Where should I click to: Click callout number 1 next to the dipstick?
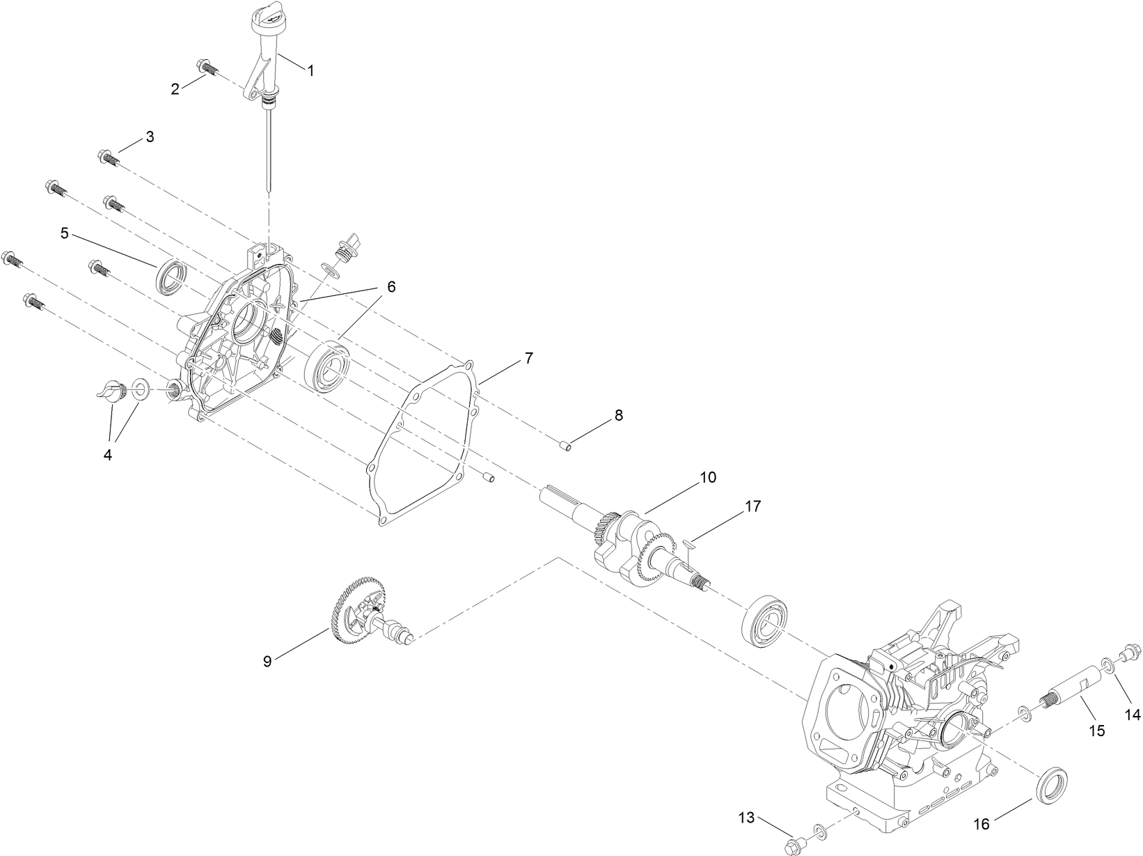coord(310,70)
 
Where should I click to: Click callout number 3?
coord(149,137)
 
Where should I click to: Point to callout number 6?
coord(391,286)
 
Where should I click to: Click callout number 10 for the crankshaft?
coord(707,478)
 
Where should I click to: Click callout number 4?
coord(107,455)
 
